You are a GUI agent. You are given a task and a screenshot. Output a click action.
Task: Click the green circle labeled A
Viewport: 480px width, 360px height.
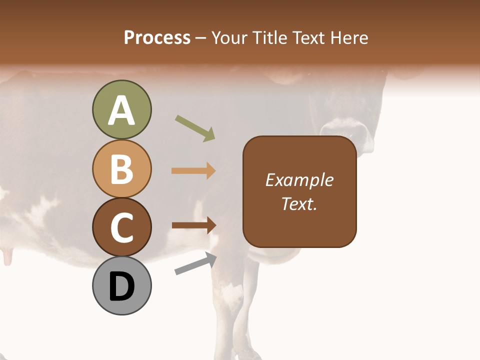[121, 109]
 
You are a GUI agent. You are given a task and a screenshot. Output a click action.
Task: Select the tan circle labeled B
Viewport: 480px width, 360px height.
[121, 168]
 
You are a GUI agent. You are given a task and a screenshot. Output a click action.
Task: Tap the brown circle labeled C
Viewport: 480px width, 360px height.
[121, 227]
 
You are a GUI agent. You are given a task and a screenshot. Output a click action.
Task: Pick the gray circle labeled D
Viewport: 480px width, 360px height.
[121, 286]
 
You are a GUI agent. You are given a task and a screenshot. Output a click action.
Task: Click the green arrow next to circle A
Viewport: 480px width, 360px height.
[195, 128]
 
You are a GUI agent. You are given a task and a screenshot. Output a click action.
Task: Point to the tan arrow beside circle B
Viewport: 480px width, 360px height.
[193, 171]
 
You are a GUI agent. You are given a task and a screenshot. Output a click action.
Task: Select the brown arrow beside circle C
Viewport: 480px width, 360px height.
[193, 225]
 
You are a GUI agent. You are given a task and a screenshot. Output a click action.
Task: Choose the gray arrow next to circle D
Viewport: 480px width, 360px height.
[195, 263]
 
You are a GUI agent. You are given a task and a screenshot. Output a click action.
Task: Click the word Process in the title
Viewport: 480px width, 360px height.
[157, 37]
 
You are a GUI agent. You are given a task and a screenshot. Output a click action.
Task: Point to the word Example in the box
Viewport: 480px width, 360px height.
[299, 180]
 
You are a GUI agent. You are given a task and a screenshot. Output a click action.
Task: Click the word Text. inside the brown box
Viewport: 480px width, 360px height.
[299, 203]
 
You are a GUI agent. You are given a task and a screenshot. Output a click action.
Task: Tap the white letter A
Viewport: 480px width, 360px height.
[121, 110]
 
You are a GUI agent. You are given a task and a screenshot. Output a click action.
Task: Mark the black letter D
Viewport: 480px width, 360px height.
[121, 287]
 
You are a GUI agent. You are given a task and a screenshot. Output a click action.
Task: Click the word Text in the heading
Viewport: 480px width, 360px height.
[308, 37]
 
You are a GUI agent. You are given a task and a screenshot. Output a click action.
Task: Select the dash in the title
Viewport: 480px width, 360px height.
[201, 38]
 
